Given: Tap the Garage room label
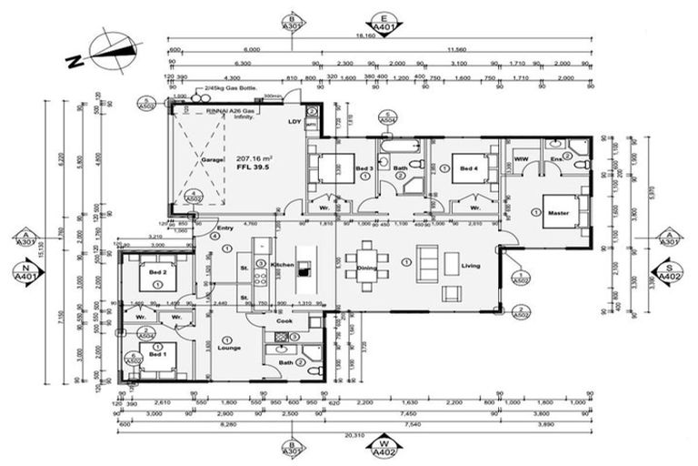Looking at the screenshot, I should pos(211,159).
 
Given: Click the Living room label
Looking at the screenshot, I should pos(470,268).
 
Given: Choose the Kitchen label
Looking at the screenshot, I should pos(282,265).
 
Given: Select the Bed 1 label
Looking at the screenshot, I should pos(158,355).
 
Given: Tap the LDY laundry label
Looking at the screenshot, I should pos(294,121).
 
